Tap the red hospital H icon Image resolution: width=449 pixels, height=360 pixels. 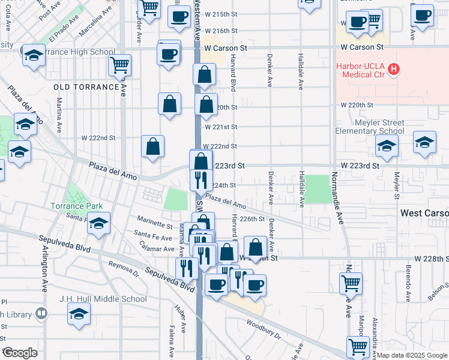coord(394,70)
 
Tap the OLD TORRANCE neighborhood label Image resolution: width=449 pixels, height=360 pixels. coord(86,87)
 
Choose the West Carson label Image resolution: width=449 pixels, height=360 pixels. coord(424,213)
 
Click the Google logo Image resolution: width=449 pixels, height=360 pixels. coord(19,353)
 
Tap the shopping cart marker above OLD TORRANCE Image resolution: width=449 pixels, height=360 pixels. coord(121,64)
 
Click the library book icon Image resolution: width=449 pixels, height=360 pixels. coord(41,313)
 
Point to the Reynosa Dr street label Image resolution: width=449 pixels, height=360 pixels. coord(123,269)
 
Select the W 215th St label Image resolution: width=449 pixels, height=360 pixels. coord(220,14)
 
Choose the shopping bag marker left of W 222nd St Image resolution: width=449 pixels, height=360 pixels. coord(153,146)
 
